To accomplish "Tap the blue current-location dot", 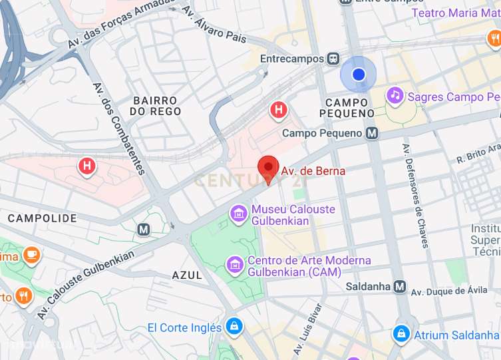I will point(359,75).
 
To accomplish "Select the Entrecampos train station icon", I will point(332,59).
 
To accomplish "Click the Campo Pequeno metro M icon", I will point(373,133).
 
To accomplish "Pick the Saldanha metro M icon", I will point(399,287).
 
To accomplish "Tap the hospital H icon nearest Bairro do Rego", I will point(279,109).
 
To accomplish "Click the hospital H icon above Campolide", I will point(86,166).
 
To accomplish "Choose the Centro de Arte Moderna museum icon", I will point(234,266).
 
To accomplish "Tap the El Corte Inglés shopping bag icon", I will point(234,327).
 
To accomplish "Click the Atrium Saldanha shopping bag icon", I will point(401,334).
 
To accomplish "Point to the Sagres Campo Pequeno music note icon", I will point(395,96).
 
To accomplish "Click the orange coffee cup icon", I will point(31,254).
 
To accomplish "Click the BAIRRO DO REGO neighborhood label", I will point(156,106).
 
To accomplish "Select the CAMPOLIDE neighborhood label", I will point(42,218).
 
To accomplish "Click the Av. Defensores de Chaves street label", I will point(414,196).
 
